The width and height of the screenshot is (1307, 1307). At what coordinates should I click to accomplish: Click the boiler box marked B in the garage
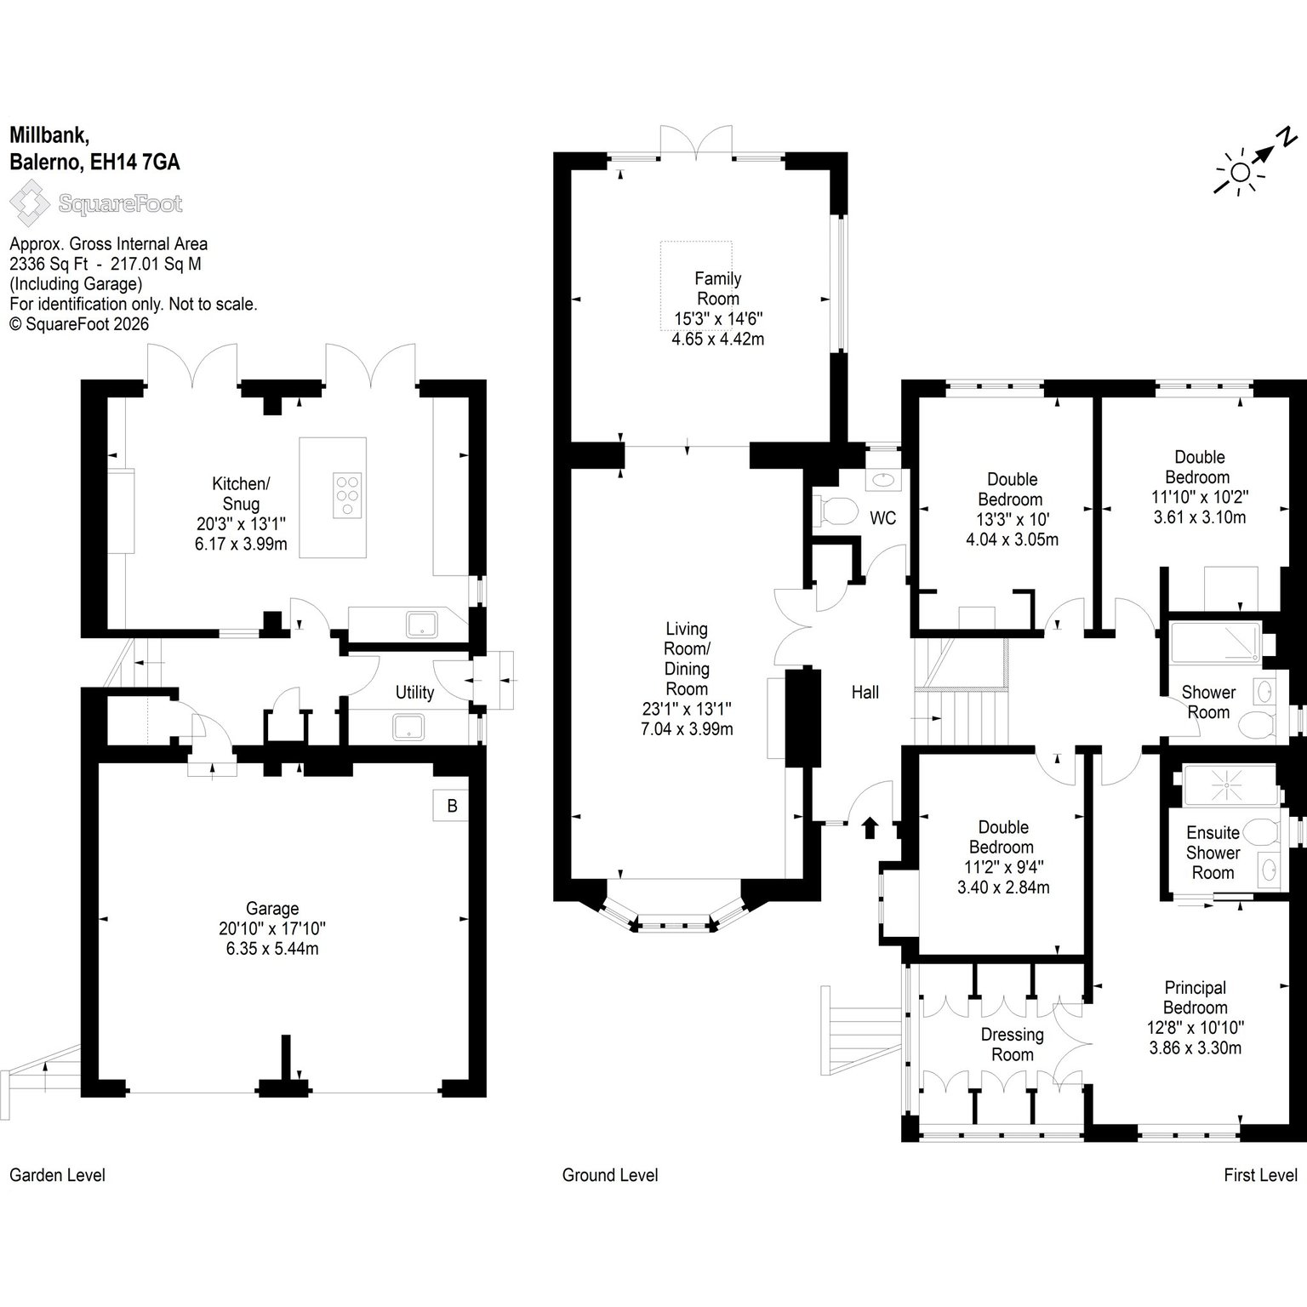tap(452, 806)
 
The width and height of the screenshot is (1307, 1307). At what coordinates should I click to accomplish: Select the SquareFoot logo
tap(95, 204)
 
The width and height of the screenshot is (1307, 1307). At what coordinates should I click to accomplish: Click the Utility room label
tap(414, 693)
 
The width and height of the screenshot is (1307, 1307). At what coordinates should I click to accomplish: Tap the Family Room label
tap(718, 288)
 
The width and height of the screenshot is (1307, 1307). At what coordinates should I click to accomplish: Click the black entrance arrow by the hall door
tap(870, 827)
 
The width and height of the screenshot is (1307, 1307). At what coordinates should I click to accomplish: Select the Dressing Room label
tap(1012, 1044)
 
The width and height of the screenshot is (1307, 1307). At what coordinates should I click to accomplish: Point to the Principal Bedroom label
tap(1196, 997)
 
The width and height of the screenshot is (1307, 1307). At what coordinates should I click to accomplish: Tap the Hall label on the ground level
tap(865, 693)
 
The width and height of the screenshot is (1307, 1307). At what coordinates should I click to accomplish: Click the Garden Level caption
tap(58, 1175)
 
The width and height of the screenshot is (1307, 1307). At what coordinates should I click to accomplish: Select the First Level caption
tap(1260, 1175)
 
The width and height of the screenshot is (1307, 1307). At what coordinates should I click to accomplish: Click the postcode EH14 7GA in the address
tap(135, 163)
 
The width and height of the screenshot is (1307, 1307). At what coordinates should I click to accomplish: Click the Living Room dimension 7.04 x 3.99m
tap(687, 729)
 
